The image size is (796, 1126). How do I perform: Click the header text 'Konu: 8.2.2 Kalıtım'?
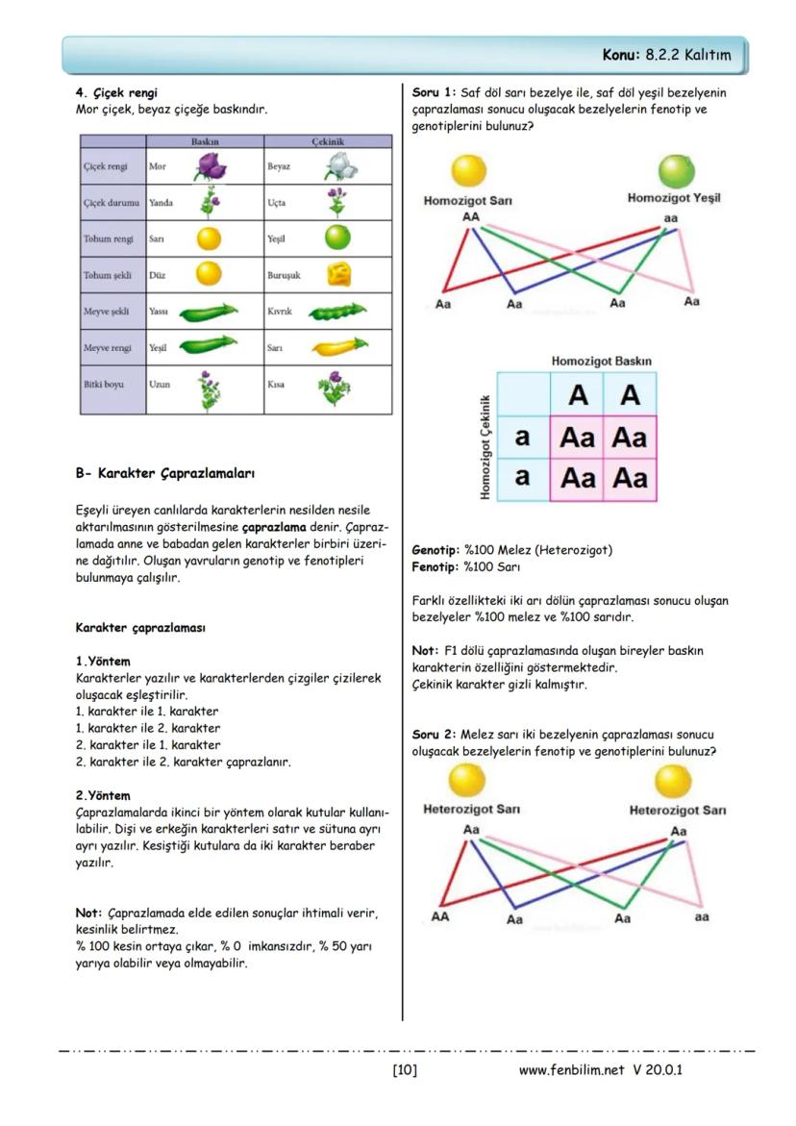[666, 56]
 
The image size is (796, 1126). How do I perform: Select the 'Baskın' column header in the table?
[205, 141]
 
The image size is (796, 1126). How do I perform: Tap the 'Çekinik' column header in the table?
[328, 141]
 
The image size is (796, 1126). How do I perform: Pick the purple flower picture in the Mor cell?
[209, 167]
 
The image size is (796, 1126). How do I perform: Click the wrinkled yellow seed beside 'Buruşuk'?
[338, 275]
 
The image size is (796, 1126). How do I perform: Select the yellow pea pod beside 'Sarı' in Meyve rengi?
[338, 347]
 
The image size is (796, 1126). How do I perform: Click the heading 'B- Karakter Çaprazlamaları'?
[164, 474]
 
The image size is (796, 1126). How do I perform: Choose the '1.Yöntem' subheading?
[103, 662]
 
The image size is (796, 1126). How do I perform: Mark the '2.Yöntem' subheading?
[103, 796]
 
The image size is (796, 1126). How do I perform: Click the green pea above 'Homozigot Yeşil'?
[676, 171]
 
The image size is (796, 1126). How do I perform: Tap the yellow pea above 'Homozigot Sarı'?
[469, 171]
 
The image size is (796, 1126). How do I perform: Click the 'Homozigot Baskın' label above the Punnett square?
[601, 362]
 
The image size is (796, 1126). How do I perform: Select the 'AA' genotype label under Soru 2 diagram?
[440, 917]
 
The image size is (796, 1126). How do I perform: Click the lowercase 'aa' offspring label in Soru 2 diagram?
[702, 917]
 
